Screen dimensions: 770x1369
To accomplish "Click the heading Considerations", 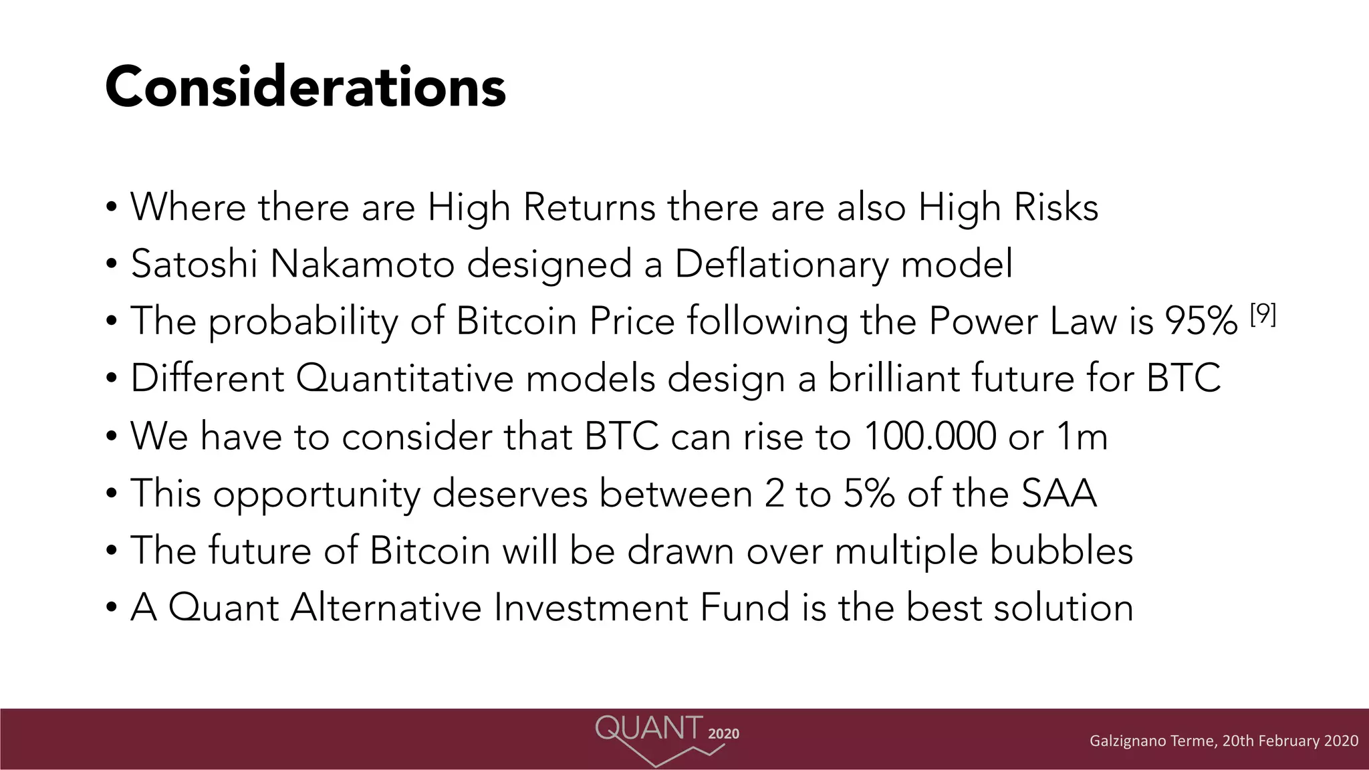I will point(305,87).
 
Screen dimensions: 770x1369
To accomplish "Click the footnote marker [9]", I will point(1263,314).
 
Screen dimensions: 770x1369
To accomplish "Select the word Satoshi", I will point(194,264).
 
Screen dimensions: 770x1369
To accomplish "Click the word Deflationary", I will point(781,265).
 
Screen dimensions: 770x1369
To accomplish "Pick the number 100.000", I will point(930,436).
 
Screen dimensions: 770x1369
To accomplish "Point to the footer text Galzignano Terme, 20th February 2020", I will point(1223,741).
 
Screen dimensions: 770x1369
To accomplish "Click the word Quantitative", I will point(404,379).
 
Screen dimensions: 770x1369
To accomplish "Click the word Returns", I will point(589,207).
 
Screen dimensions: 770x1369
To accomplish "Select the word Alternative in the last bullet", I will point(386,608).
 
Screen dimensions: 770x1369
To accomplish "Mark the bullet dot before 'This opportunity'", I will point(112,495).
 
